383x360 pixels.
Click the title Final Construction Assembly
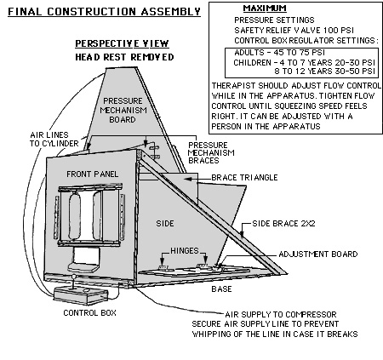pyautogui.click(x=104, y=12)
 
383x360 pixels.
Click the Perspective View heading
pyautogui.click(x=122, y=43)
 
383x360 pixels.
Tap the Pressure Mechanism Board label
pyautogui.click(x=123, y=111)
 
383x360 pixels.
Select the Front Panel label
pyautogui.click(x=93, y=174)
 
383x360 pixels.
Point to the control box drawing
pyautogui.click(x=81, y=295)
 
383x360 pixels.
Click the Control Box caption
pyautogui.click(x=89, y=312)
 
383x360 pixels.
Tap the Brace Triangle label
pyautogui.click(x=244, y=178)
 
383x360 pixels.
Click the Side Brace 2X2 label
pyautogui.click(x=283, y=224)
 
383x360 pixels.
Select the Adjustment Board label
pyautogui.click(x=318, y=254)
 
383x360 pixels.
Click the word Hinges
pyautogui.click(x=185, y=251)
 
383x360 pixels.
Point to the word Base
pyautogui.click(x=221, y=289)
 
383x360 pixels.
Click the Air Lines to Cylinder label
pyautogui.click(x=54, y=139)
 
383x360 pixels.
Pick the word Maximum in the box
pyautogui.click(x=265, y=9)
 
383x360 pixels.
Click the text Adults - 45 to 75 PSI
pyautogui.click(x=279, y=53)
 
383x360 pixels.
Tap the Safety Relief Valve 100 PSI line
pyautogui.click(x=294, y=30)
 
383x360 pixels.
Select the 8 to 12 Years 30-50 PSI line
pyautogui.click(x=325, y=71)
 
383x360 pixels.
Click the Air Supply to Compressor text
pyautogui.click(x=281, y=314)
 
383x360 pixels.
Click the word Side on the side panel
pyautogui.click(x=165, y=224)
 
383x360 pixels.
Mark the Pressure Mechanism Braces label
pyautogui.click(x=211, y=153)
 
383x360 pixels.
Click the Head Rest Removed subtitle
pyautogui.click(x=124, y=57)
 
